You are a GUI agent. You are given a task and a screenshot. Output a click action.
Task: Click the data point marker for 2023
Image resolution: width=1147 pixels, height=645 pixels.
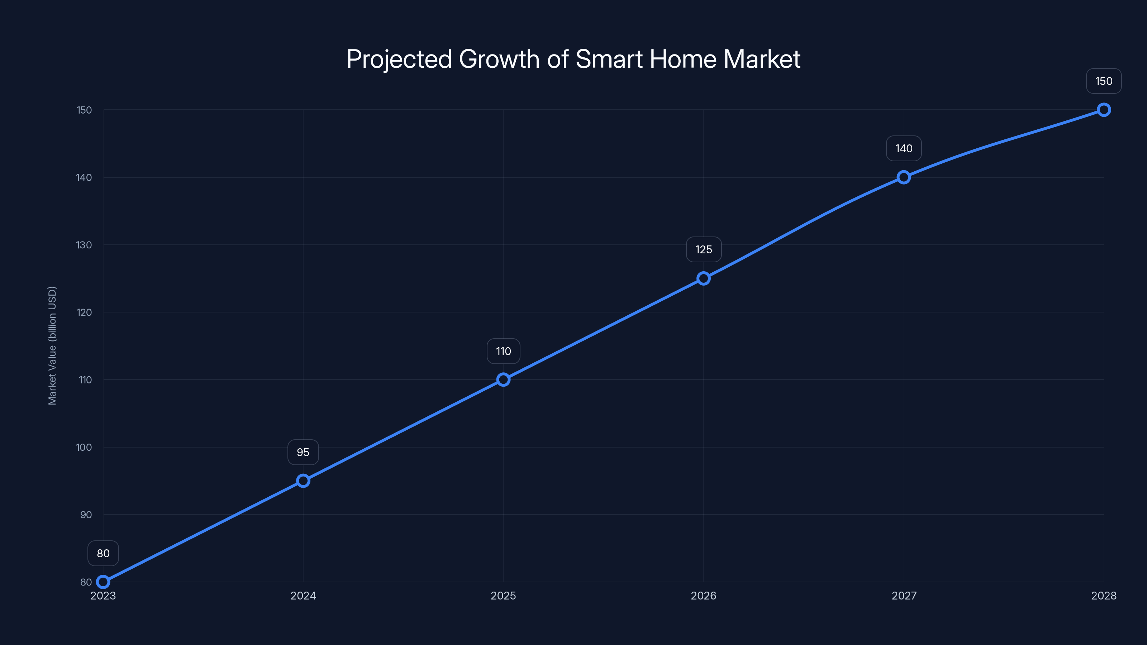pyautogui.click(x=103, y=582)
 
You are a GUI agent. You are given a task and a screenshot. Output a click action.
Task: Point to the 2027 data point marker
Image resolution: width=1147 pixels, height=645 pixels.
pyautogui.click(x=903, y=177)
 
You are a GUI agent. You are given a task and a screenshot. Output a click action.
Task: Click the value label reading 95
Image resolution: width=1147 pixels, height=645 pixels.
pyautogui.click(x=303, y=452)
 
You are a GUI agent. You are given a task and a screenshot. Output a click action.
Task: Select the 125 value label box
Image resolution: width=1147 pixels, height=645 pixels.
pyautogui.click(x=704, y=250)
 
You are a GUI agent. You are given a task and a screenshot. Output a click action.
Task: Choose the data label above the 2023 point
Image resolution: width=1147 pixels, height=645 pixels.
pyautogui.click(x=103, y=553)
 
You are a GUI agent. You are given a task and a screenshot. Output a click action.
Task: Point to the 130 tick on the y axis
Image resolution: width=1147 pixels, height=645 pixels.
pyautogui.click(x=84, y=245)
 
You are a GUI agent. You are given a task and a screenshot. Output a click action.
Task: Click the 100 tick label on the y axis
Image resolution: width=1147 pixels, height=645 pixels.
pyautogui.click(x=84, y=447)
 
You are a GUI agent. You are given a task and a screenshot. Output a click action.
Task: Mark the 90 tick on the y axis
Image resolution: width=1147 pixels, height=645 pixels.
pyautogui.click(x=86, y=515)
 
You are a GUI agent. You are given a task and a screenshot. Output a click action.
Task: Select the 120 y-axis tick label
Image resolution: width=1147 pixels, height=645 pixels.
pyautogui.click(x=84, y=312)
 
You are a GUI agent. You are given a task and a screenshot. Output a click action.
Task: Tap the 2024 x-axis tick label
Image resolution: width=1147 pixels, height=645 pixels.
pyautogui.click(x=303, y=596)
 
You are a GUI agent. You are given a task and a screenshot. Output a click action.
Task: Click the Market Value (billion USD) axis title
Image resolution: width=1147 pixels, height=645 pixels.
pyautogui.click(x=52, y=346)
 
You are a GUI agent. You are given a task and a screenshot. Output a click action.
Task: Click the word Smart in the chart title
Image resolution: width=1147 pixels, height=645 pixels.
pyautogui.click(x=609, y=59)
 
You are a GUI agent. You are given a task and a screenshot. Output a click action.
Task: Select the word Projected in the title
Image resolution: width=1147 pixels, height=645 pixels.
pyautogui.click(x=399, y=59)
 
